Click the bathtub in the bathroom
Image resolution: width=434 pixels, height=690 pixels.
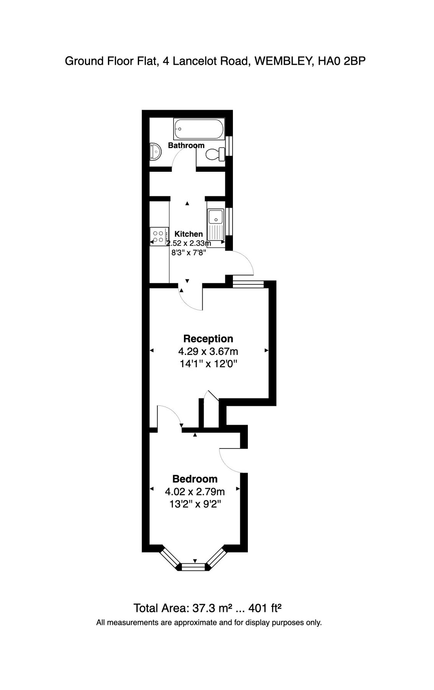pyautogui.click(x=199, y=130)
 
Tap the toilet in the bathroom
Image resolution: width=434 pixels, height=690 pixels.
pyautogui.click(x=215, y=154)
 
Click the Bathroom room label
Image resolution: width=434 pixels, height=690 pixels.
pyautogui.click(x=186, y=145)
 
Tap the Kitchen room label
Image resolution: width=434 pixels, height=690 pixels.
pyautogui.click(x=188, y=234)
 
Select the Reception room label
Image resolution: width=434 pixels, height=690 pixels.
pyautogui.click(x=208, y=338)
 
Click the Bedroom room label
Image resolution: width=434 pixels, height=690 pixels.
pyautogui.click(x=195, y=479)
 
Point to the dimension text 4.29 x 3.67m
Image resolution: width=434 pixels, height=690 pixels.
pyautogui.click(x=208, y=351)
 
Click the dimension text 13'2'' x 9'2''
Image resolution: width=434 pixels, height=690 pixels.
pyautogui.click(x=195, y=504)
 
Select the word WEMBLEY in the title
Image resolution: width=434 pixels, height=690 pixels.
pyautogui.click(x=282, y=61)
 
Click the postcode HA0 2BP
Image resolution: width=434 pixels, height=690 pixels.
pyautogui.click(x=341, y=61)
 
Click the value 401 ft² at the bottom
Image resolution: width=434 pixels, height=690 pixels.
pyautogui.click(x=265, y=608)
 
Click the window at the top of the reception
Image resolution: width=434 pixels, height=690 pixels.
pyautogui.click(x=248, y=284)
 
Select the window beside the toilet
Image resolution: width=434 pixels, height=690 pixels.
pyautogui.click(x=230, y=146)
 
